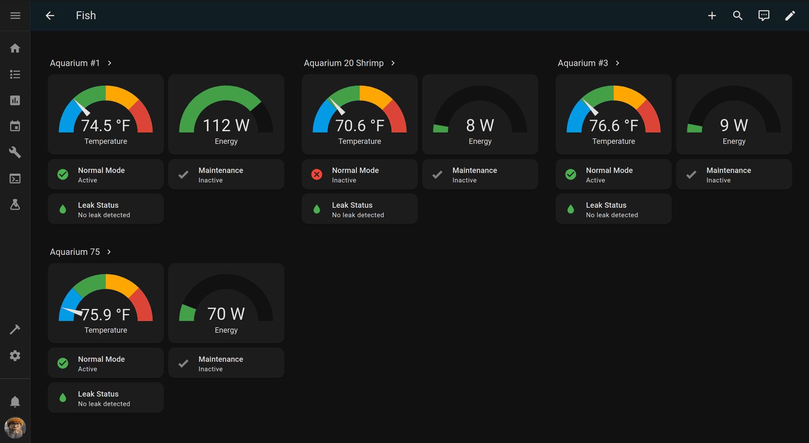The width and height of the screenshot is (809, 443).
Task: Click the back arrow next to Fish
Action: [50, 16]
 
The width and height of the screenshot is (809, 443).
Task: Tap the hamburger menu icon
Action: [15, 16]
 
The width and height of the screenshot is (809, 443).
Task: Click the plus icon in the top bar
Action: [712, 16]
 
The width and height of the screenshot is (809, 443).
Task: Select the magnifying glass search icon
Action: [738, 16]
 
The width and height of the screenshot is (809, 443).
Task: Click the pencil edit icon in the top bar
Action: [790, 16]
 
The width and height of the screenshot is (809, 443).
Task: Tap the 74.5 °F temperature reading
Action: [106, 125]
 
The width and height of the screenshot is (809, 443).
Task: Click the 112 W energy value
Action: [226, 125]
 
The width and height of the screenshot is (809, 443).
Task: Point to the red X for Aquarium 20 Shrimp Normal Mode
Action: [317, 174]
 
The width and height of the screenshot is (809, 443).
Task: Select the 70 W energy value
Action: [226, 314]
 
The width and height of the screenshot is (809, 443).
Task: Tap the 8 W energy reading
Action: [480, 125]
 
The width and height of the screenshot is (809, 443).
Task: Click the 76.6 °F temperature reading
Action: [613, 125]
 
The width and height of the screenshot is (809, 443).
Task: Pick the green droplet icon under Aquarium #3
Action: [570, 209]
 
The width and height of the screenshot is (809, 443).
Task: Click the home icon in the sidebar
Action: [15, 48]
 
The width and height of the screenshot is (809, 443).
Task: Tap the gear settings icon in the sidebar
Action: [15, 356]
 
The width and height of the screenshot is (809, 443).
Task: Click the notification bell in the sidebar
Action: [15, 402]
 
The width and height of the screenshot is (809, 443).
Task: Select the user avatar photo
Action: [15, 428]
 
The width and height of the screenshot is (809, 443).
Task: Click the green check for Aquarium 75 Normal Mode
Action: [63, 363]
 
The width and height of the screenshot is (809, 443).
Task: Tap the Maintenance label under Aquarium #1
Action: [220, 170]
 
